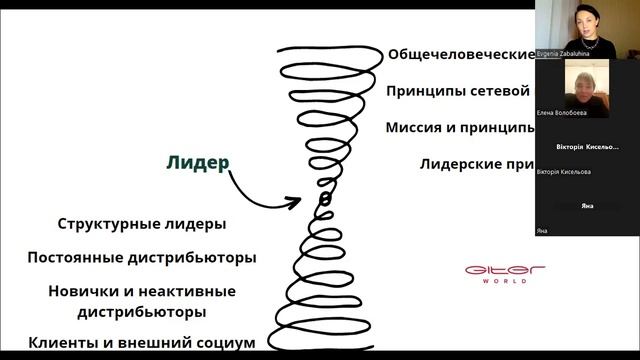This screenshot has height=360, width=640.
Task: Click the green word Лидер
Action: (197, 162)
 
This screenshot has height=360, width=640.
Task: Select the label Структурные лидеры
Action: (141, 224)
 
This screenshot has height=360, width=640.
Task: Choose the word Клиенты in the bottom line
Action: (63, 343)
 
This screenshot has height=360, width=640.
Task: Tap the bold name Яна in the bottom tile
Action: (587, 205)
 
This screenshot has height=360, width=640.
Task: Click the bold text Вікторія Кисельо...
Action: (587, 147)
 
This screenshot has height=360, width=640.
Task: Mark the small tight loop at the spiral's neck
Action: (324, 200)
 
